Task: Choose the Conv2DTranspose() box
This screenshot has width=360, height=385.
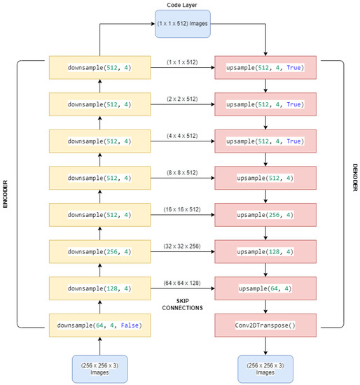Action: (x=266, y=325)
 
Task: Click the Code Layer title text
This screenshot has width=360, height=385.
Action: (x=182, y=6)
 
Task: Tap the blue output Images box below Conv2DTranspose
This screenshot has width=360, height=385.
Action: (x=266, y=369)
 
